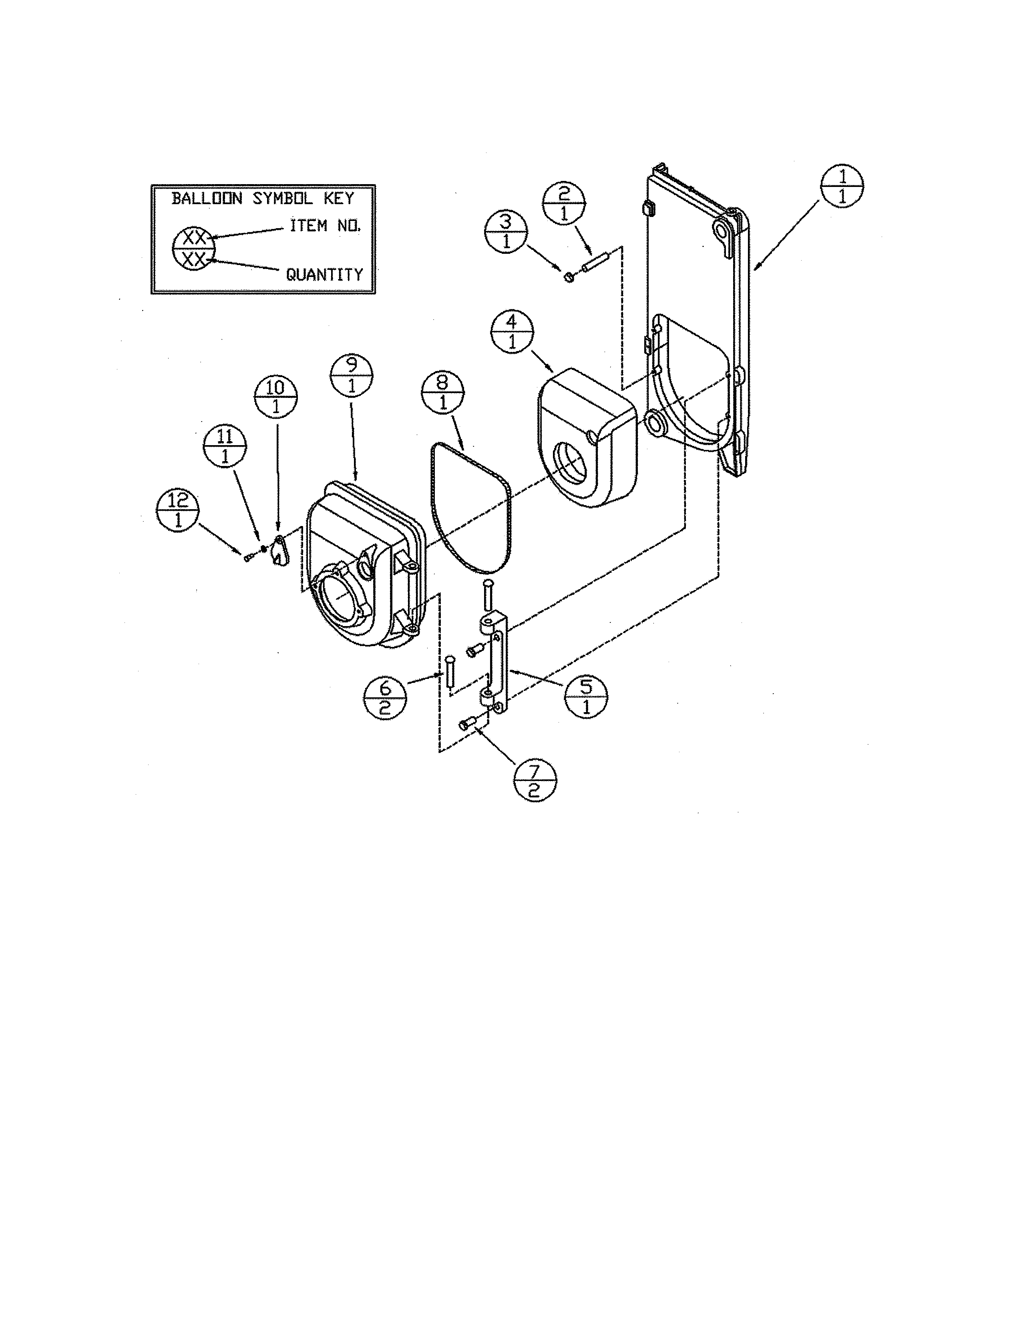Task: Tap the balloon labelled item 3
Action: point(506,232)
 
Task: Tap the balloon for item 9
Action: point(352,375)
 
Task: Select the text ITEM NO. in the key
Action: point(326,226)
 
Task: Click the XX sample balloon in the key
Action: point(193,249)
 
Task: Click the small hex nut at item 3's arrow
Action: point(568,277)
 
